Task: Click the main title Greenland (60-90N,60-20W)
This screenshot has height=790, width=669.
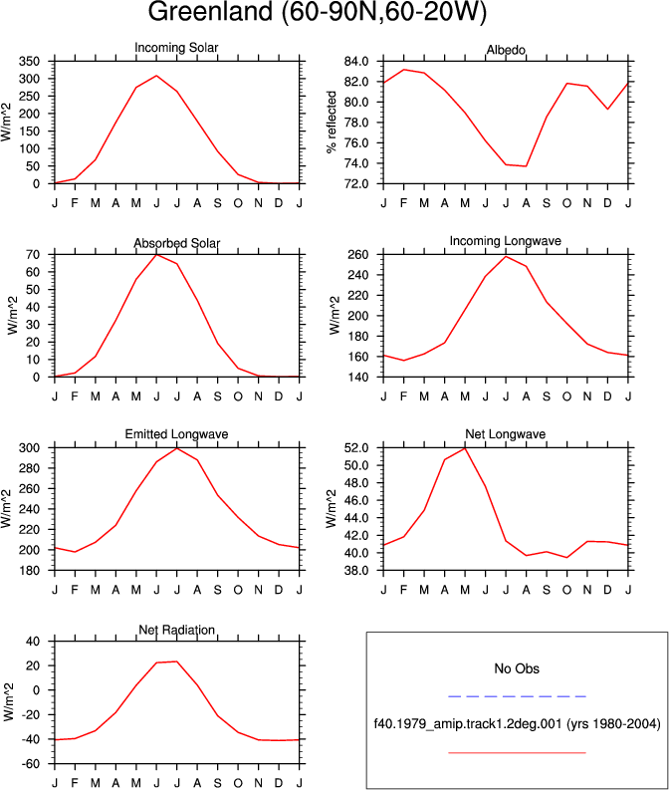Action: pos(318,12)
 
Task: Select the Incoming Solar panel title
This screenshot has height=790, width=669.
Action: pos(176,48)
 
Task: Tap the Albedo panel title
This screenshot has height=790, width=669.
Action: pos(506,50)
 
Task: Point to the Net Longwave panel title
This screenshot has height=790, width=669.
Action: pos(506,434)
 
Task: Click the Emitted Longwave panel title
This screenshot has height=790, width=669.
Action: pos(176,434)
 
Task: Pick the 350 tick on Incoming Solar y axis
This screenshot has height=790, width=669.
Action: pos(29,62)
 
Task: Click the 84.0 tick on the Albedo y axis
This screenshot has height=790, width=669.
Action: pos(356,62)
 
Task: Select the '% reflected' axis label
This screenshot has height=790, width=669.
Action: pos(332,122)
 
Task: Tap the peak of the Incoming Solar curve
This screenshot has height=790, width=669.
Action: pos(156,76)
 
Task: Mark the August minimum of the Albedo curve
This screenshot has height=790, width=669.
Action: pos(526,166)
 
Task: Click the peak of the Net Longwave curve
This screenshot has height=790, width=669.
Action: pos(465,448)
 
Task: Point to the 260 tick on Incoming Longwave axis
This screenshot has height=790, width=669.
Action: pos(358,255)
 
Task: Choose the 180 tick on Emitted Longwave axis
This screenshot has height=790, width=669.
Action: pos(29,570)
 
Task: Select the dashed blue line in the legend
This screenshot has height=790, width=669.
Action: pos(517,696)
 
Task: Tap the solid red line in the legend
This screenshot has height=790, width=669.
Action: pos(517,753)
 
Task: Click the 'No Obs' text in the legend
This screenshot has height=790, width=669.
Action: pos(517,668)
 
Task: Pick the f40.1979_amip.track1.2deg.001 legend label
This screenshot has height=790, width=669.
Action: pos(468,724)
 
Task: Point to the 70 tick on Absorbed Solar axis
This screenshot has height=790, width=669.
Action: pos(33,255)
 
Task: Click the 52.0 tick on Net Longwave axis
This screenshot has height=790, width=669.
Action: pos(356,448)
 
